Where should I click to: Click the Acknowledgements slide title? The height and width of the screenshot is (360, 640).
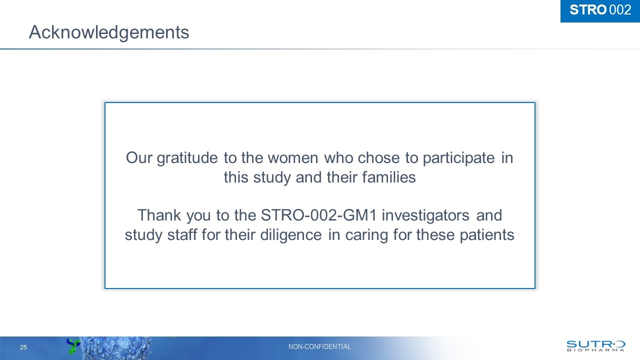pos(109,32)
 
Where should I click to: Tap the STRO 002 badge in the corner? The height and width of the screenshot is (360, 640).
pos(600,10)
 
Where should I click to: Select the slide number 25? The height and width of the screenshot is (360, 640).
pos(23,347)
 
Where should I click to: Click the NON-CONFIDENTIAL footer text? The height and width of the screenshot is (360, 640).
pos(320,346)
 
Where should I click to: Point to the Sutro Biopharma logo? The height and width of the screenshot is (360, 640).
pos(595,345)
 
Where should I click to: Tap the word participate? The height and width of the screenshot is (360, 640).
pos(458,158)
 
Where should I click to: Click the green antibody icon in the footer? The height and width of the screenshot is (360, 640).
pos(73,345)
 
